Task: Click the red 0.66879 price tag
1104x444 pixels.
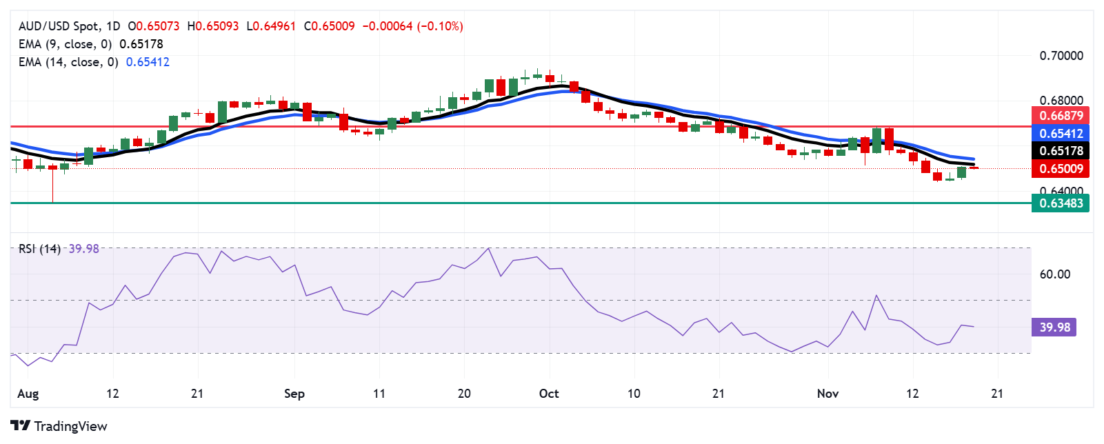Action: (1061, 116)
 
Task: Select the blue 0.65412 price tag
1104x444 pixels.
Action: (1061, 134)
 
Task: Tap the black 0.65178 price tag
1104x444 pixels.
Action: (1061, 151)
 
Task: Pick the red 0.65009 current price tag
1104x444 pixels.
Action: (1061, 169)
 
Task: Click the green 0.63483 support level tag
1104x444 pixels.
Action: (1061, 203)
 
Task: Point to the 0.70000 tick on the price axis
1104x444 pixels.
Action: (1061, 56)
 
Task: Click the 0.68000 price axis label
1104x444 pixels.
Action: (1061, 101)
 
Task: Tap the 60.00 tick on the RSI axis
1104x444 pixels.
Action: (1054, 274)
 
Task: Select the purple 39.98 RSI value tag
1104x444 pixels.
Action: (1054, 327)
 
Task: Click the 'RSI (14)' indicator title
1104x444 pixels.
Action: (39, 249)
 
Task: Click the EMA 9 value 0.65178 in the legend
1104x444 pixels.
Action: (141, 44)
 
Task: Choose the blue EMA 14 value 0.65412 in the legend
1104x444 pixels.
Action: (147, 62)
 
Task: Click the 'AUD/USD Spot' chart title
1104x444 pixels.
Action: (59, 26)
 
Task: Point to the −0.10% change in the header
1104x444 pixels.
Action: (441, 26)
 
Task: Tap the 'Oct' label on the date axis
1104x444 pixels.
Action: (549, 394)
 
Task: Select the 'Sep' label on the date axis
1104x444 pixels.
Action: (294, 394)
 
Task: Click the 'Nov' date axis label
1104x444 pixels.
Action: (827, 394)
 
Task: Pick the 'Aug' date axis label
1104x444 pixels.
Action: (28, 394)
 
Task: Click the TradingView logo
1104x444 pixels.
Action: (59, 426)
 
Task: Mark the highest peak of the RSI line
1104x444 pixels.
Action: (489, 248)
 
